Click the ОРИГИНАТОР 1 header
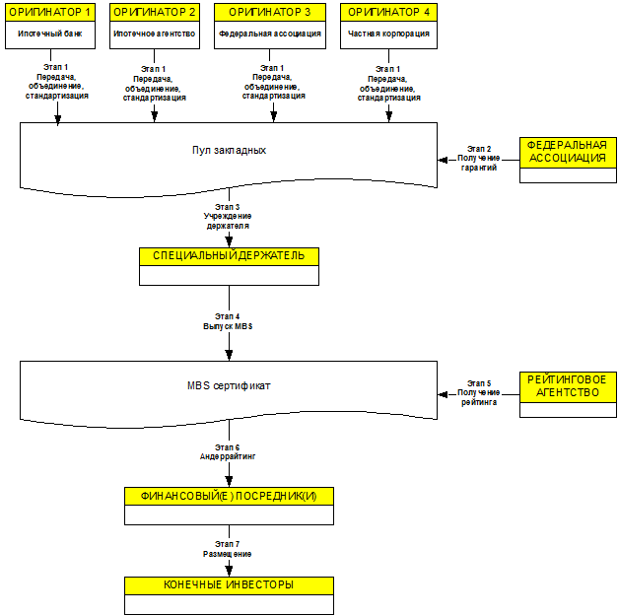tap(50, 12)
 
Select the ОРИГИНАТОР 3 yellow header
tap(270, 12)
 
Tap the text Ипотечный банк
tap(50, 34)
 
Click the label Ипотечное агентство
tap(155, 34)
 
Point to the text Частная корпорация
tap(388, 34)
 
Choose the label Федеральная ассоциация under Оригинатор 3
tap(270, 34)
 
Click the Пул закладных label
tap(229, 150)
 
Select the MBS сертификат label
tap(229, 385)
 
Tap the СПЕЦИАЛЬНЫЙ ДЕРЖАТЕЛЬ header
tap(229, 256)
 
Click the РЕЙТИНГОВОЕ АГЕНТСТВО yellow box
tap(568, 386)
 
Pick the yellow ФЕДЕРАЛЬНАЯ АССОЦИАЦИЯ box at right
tap(568, 153)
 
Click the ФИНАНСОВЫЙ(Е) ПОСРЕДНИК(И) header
tap(229, 496)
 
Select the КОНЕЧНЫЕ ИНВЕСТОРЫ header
tap(229, 585)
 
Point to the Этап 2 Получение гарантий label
tap(479, 159)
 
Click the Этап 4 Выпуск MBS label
tap(228, 321)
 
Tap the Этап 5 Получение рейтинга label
tap(479, 393)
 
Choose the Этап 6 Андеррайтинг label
tap(228, 452)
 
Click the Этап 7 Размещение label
tap(228, 549)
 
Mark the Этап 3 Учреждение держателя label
tap(228, 217)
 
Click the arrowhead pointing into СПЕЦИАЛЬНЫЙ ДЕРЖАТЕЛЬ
tap(229, 240)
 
